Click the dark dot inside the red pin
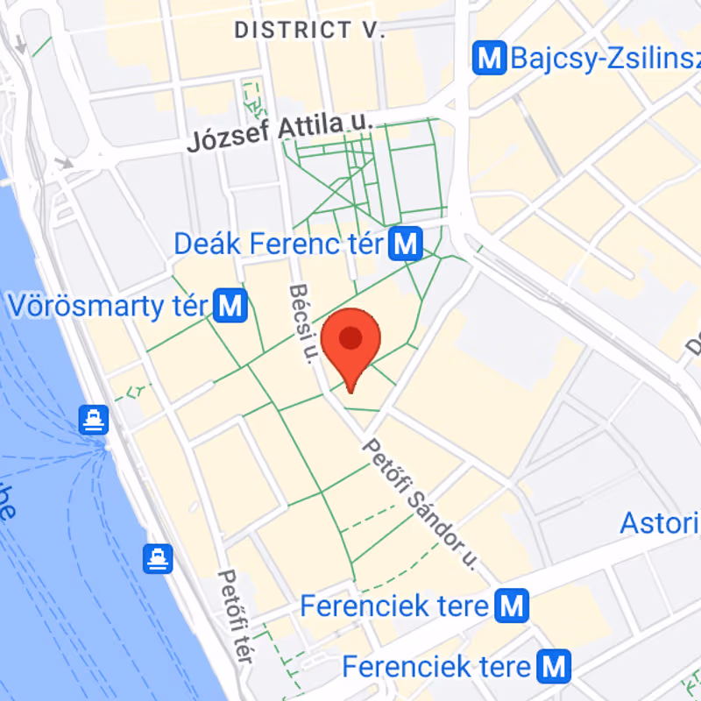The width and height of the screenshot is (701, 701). click(351, 338)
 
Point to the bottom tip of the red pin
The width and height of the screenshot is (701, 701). click(351, 392)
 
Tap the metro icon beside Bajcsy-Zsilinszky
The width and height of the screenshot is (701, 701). click(489, 59)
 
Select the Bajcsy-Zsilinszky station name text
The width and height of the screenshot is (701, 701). click(605, 59)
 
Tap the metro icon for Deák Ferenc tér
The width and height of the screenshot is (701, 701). click(406, 244)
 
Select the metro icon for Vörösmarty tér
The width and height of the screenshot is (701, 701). click(230, 306)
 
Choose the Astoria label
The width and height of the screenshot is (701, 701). click(659, 523)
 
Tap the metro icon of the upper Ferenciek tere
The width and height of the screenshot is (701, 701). click(511, 605)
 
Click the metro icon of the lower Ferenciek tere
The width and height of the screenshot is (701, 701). click(554, 666)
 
